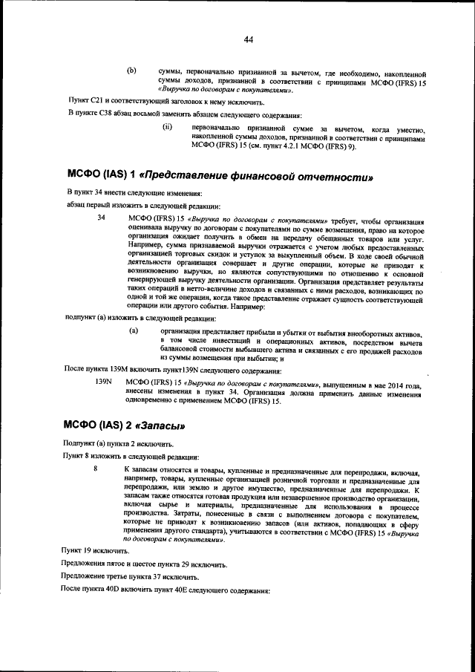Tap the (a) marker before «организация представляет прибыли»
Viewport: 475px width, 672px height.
click(134, 330)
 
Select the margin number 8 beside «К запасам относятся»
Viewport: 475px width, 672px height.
click(95, 469)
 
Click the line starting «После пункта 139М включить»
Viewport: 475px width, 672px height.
click(173, 369)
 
